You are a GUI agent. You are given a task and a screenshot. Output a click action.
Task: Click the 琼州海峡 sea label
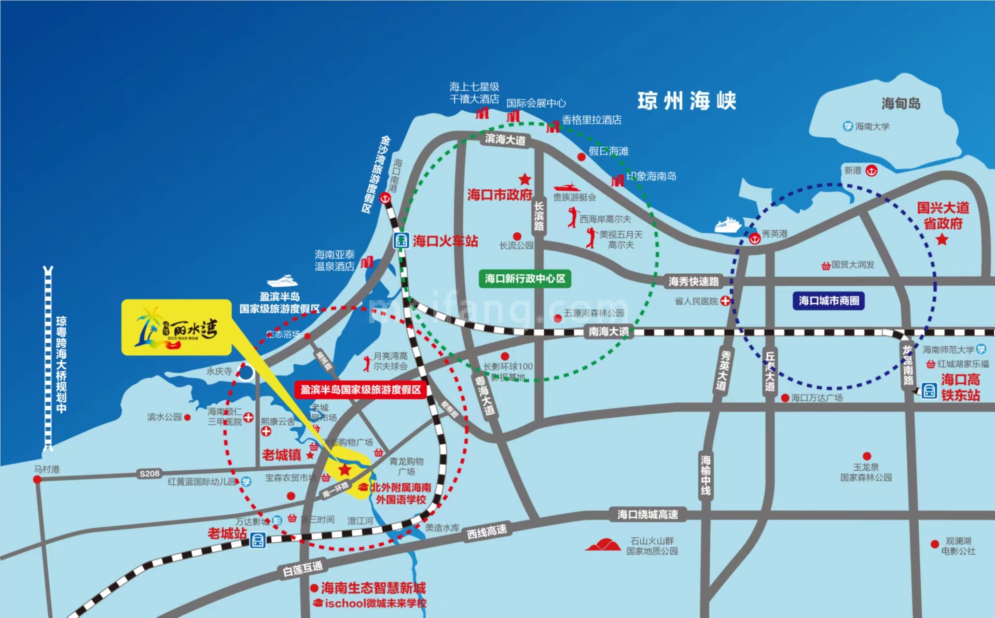pos(687,101)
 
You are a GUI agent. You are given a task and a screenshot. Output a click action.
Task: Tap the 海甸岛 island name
pos(901,103)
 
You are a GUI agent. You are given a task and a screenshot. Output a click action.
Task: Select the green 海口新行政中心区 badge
pos(525,279)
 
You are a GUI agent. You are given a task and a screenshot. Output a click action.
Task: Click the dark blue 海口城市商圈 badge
pos(829,301)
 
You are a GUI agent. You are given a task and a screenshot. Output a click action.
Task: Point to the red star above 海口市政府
pos(525,180)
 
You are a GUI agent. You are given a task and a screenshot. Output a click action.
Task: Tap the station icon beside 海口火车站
pos(401,240)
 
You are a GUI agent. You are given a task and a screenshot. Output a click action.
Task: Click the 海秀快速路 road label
pos(693,281)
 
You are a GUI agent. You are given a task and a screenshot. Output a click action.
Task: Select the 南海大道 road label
pos(609,332)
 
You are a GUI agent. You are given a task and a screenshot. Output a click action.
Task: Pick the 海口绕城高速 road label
pos(648,515)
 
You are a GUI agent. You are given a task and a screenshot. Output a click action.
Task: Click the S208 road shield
pos(150,474)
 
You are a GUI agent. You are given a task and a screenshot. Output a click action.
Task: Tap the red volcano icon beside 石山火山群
pos(603,545)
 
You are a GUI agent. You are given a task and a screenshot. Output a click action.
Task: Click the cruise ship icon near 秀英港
pos(728,225)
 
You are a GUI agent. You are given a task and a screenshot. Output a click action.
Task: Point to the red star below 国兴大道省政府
pos(942,239)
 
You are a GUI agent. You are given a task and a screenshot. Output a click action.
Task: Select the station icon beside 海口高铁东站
pos(929,390)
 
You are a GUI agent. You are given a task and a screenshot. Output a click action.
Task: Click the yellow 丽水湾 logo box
pos(177,327)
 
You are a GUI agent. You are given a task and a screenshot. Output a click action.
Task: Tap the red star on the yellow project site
pos(345,469)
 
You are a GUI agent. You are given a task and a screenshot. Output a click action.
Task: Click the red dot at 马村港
pos(37,479)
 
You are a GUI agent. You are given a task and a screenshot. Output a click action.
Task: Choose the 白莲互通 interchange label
pos(303,569)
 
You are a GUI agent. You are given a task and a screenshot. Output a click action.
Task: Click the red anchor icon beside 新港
pos(871,171)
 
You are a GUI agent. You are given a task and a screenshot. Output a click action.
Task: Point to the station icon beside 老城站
pos(258,541)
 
